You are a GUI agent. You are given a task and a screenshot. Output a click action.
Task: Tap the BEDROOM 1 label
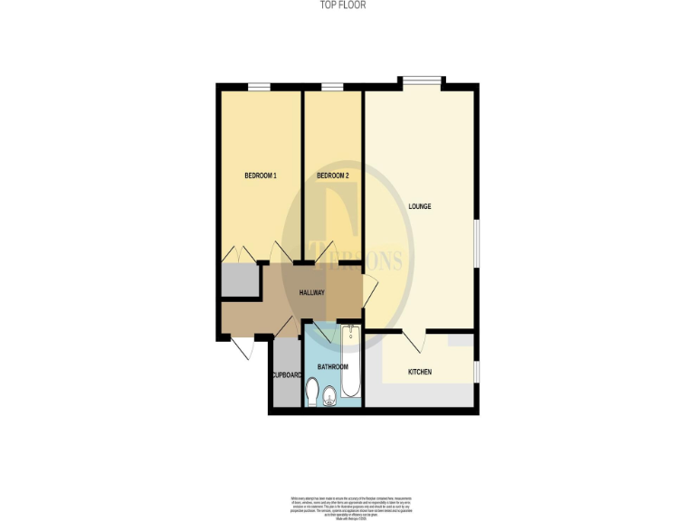click(261, 175)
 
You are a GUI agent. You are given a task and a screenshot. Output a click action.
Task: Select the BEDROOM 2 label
click(332, 175)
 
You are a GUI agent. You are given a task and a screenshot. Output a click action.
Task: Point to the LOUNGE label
click(419, 207)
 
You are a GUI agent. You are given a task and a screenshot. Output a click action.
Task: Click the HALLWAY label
click(312, 293)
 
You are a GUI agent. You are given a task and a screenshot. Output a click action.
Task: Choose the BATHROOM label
click(332, 366)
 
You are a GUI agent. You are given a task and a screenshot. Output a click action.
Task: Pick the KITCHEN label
click(419, 373)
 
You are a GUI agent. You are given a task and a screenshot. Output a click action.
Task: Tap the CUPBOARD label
click(285, 374)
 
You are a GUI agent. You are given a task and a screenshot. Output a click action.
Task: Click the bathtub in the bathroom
click(351, 362)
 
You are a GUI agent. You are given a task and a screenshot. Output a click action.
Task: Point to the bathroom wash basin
click(329, 393)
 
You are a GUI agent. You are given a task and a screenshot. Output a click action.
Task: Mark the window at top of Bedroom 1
click(260, 87)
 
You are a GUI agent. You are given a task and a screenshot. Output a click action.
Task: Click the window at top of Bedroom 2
click(332, 87)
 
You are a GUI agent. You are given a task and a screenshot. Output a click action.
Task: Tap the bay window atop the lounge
click(423, 81)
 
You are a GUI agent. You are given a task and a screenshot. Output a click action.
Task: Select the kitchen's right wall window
click(477, 371)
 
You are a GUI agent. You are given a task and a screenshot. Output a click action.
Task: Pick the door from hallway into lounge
click(369, 291)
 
